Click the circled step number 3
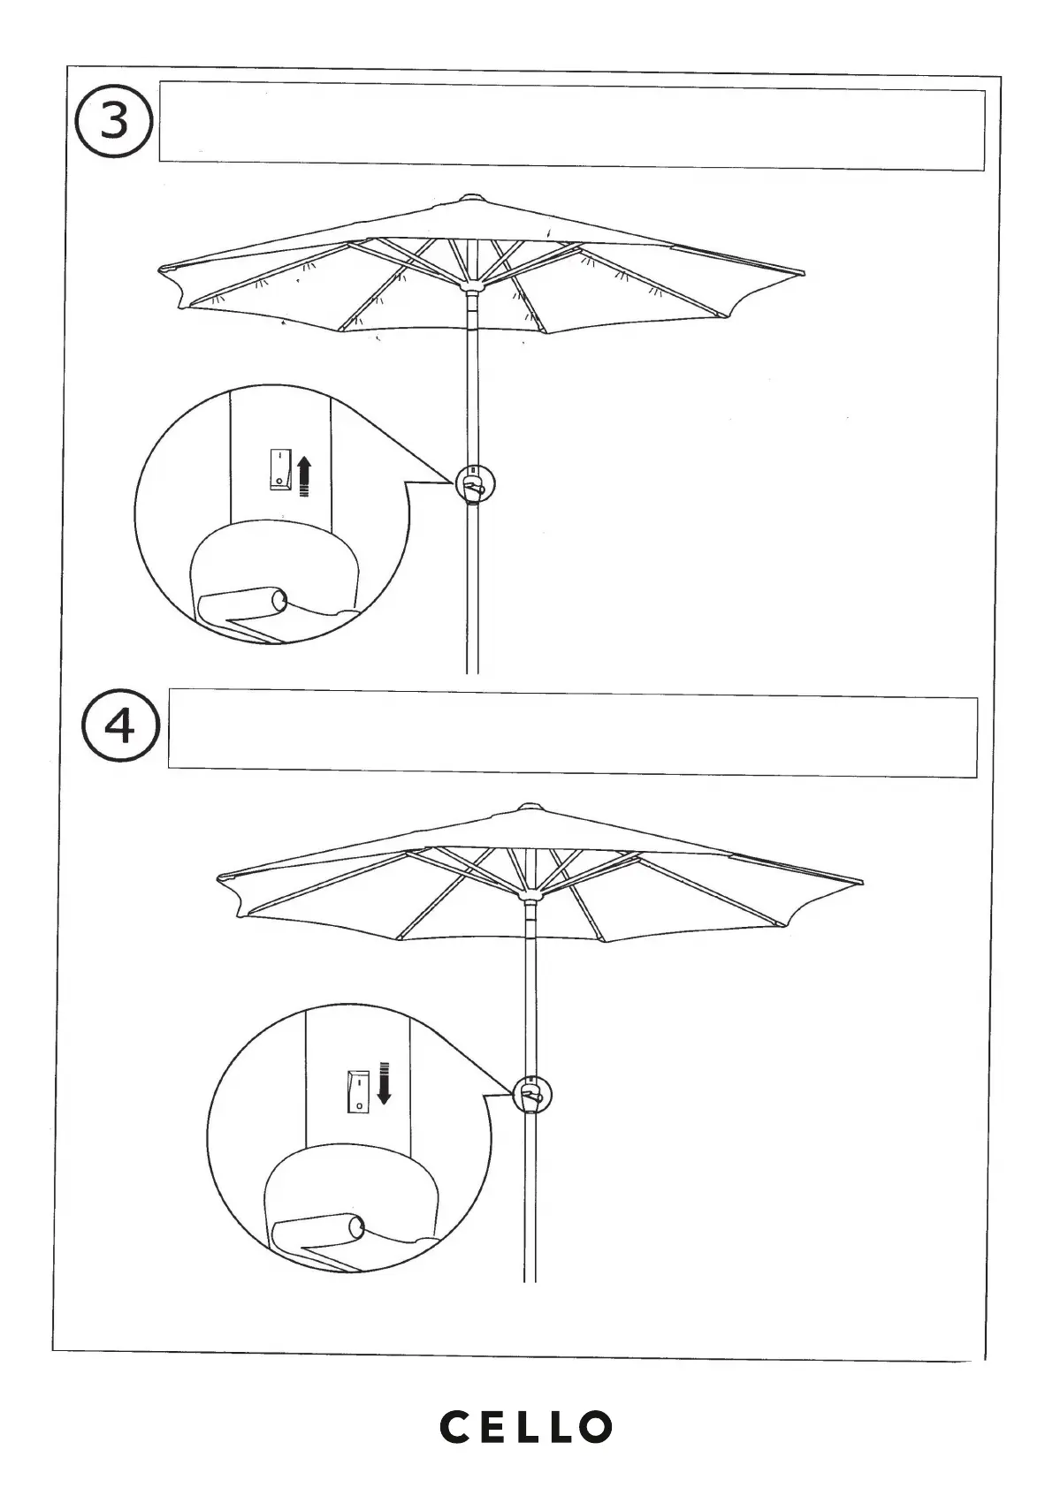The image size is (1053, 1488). tap(114, 122)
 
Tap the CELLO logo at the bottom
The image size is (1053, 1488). tap(526, 1426)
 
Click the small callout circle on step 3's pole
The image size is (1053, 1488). tap(475, 483)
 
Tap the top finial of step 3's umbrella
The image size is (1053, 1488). tap(471, 198)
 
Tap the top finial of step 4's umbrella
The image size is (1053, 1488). tap(530, 806)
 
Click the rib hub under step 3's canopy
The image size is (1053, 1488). tap(472, 287)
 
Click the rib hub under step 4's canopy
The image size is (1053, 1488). tap(530, 895)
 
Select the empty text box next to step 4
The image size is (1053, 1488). tap(572, 737)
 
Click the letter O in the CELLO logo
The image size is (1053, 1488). tap(595, 1426)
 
